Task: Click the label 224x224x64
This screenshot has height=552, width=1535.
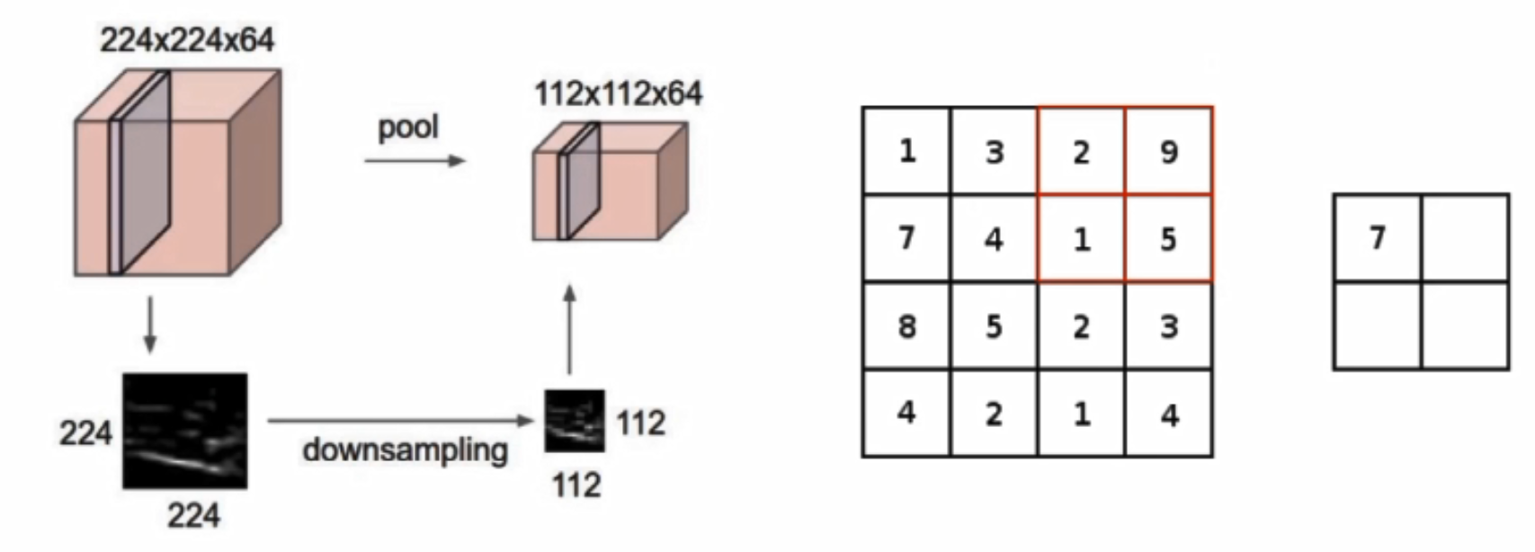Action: pos(187,40)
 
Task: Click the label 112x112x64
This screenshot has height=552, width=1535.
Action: pos(619,93)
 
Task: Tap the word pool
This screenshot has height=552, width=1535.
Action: pos(408,127)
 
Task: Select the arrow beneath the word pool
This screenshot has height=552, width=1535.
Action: pos(415,161)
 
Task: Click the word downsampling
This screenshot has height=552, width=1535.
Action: pos(405,450)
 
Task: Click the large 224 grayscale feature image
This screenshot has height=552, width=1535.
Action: pos(185,432)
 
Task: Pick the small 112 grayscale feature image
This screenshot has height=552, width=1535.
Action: pos(575,421)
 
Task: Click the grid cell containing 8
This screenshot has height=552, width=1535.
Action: pos(906,325)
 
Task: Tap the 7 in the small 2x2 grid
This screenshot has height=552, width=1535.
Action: pos(1377,238)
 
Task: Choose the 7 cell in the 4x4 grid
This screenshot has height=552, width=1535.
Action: pos(906,238)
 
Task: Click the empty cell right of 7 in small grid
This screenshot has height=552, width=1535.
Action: pos(1465,238)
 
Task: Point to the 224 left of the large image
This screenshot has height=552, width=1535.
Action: pos(85,433)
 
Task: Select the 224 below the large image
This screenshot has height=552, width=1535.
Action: pos(192,516)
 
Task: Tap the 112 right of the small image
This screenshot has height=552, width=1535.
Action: pos(640,423)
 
